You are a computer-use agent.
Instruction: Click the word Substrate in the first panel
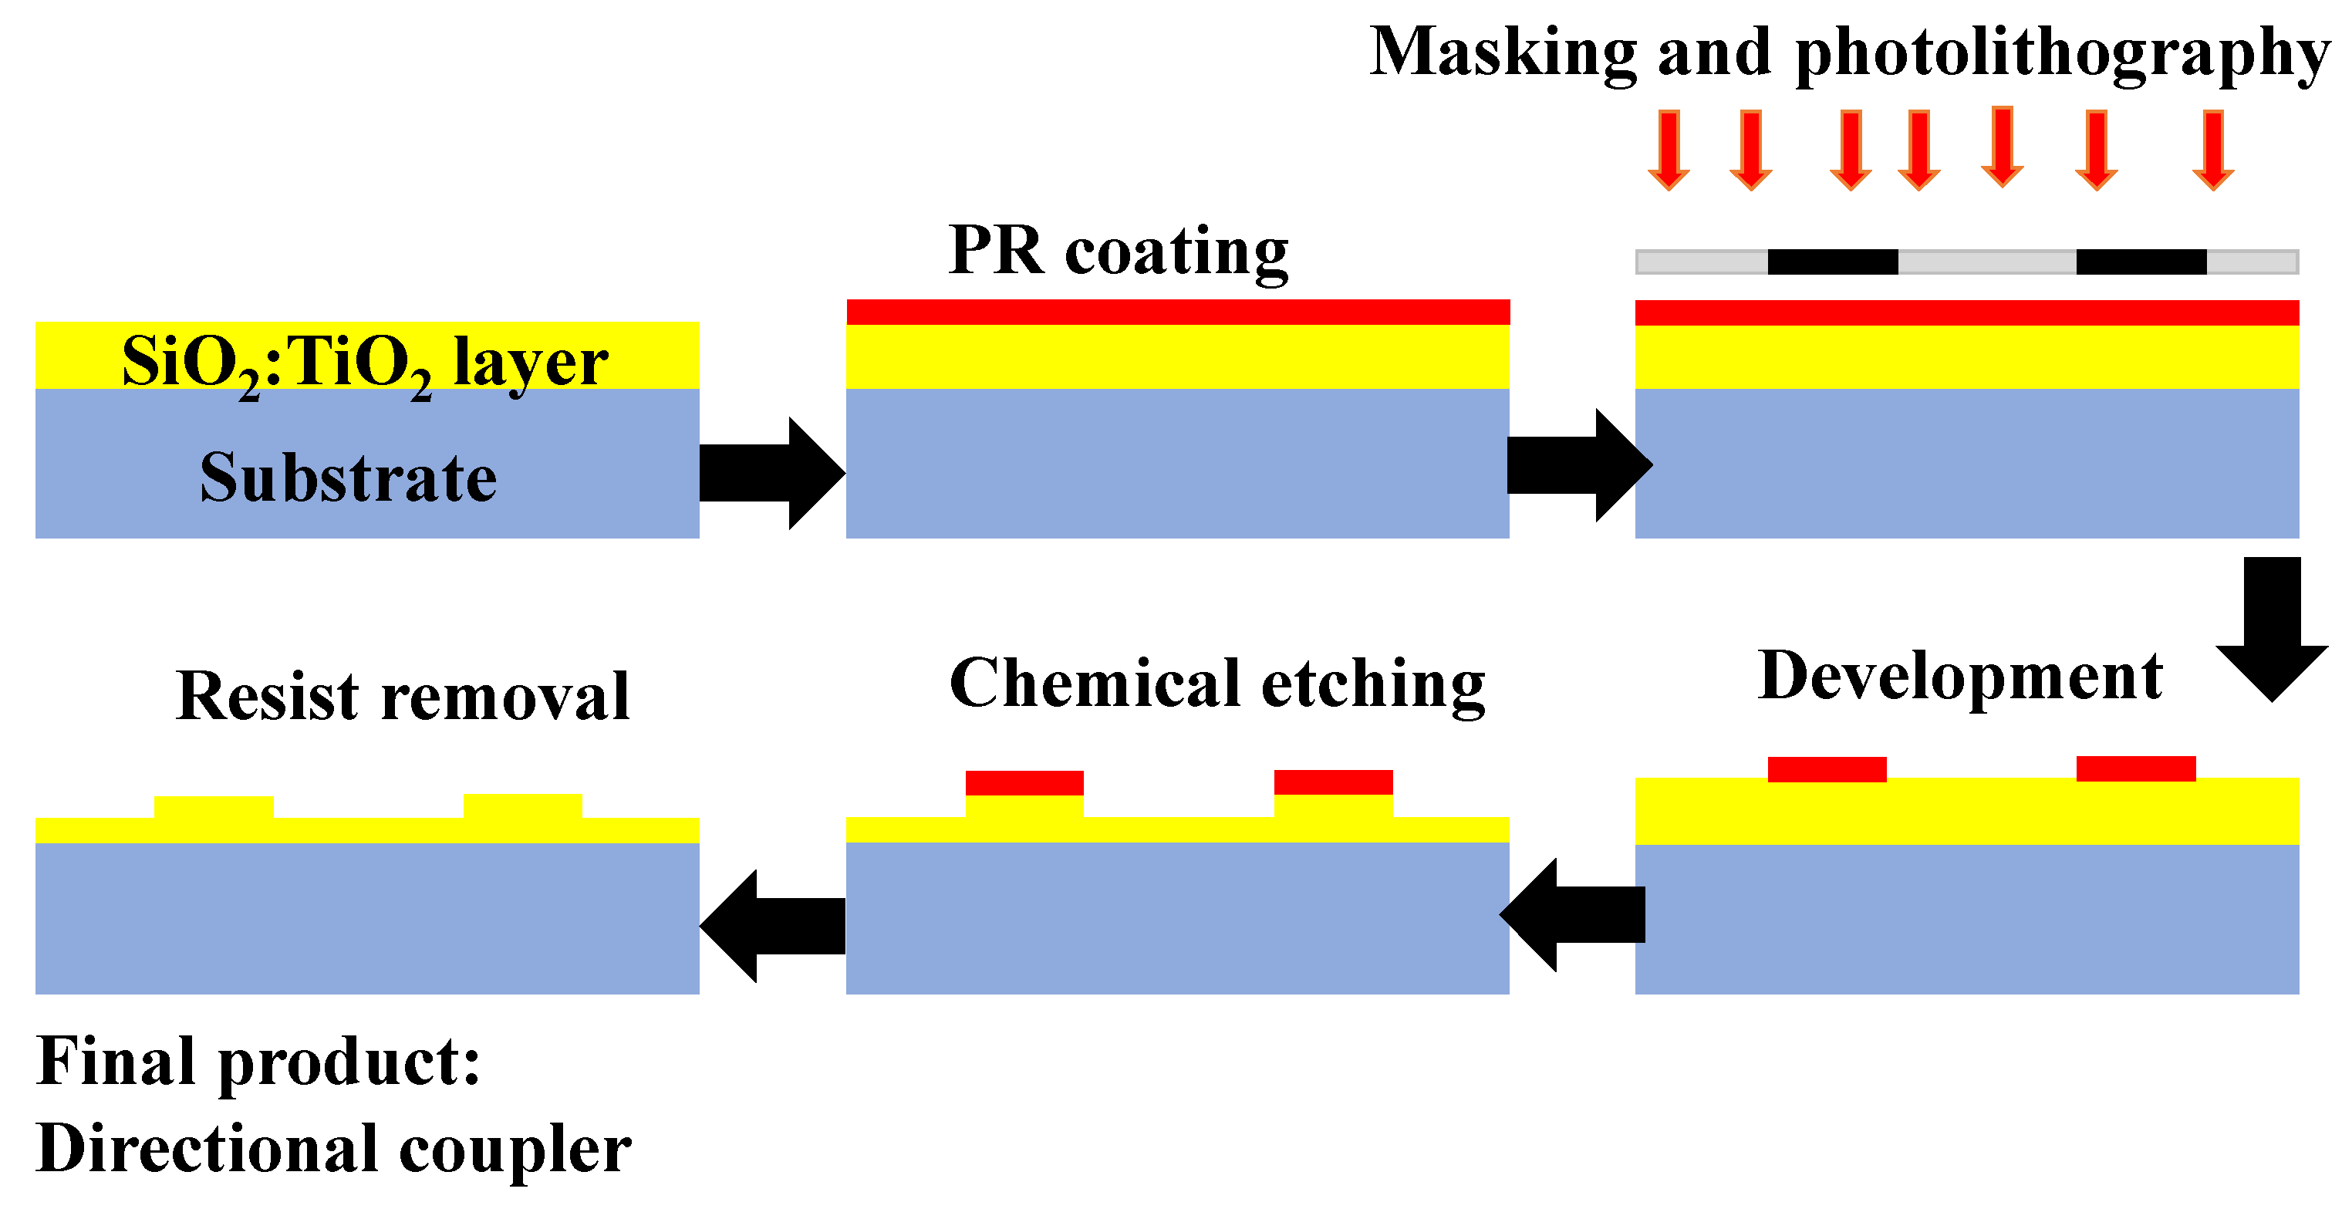pyautogui.click(x=348, y=478)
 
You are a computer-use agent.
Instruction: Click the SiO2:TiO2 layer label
pyautogui.click(x=364, y=363)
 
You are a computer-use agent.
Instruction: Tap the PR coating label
pyautogui.click(x=1118, y=250)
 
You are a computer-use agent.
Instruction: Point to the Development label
pyautogui.click(x=1959, y=677)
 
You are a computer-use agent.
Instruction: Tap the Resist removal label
pyautogui.click(x=402, y=697)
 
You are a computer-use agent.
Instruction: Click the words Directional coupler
pyautogui.click(x=333, y=1149)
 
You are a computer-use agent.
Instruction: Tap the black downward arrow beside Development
pyautogui.click(x=2272, y=630)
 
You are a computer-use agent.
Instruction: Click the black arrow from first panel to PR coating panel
pyautogui.click(x=771, y=473)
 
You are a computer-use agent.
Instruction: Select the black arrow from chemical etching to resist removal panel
pyautogui.click(x=772, y=926)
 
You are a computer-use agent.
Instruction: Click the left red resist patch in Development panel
pyautogui.click(x=1826, y=770)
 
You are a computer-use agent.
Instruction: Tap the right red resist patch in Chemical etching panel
pyautogui.click(x=1333, y=782)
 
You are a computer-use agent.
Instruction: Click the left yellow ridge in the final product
pyautogui.click(x=214, y=808)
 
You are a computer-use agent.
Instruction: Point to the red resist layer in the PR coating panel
pyautogui.click(x=1178, y=312)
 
